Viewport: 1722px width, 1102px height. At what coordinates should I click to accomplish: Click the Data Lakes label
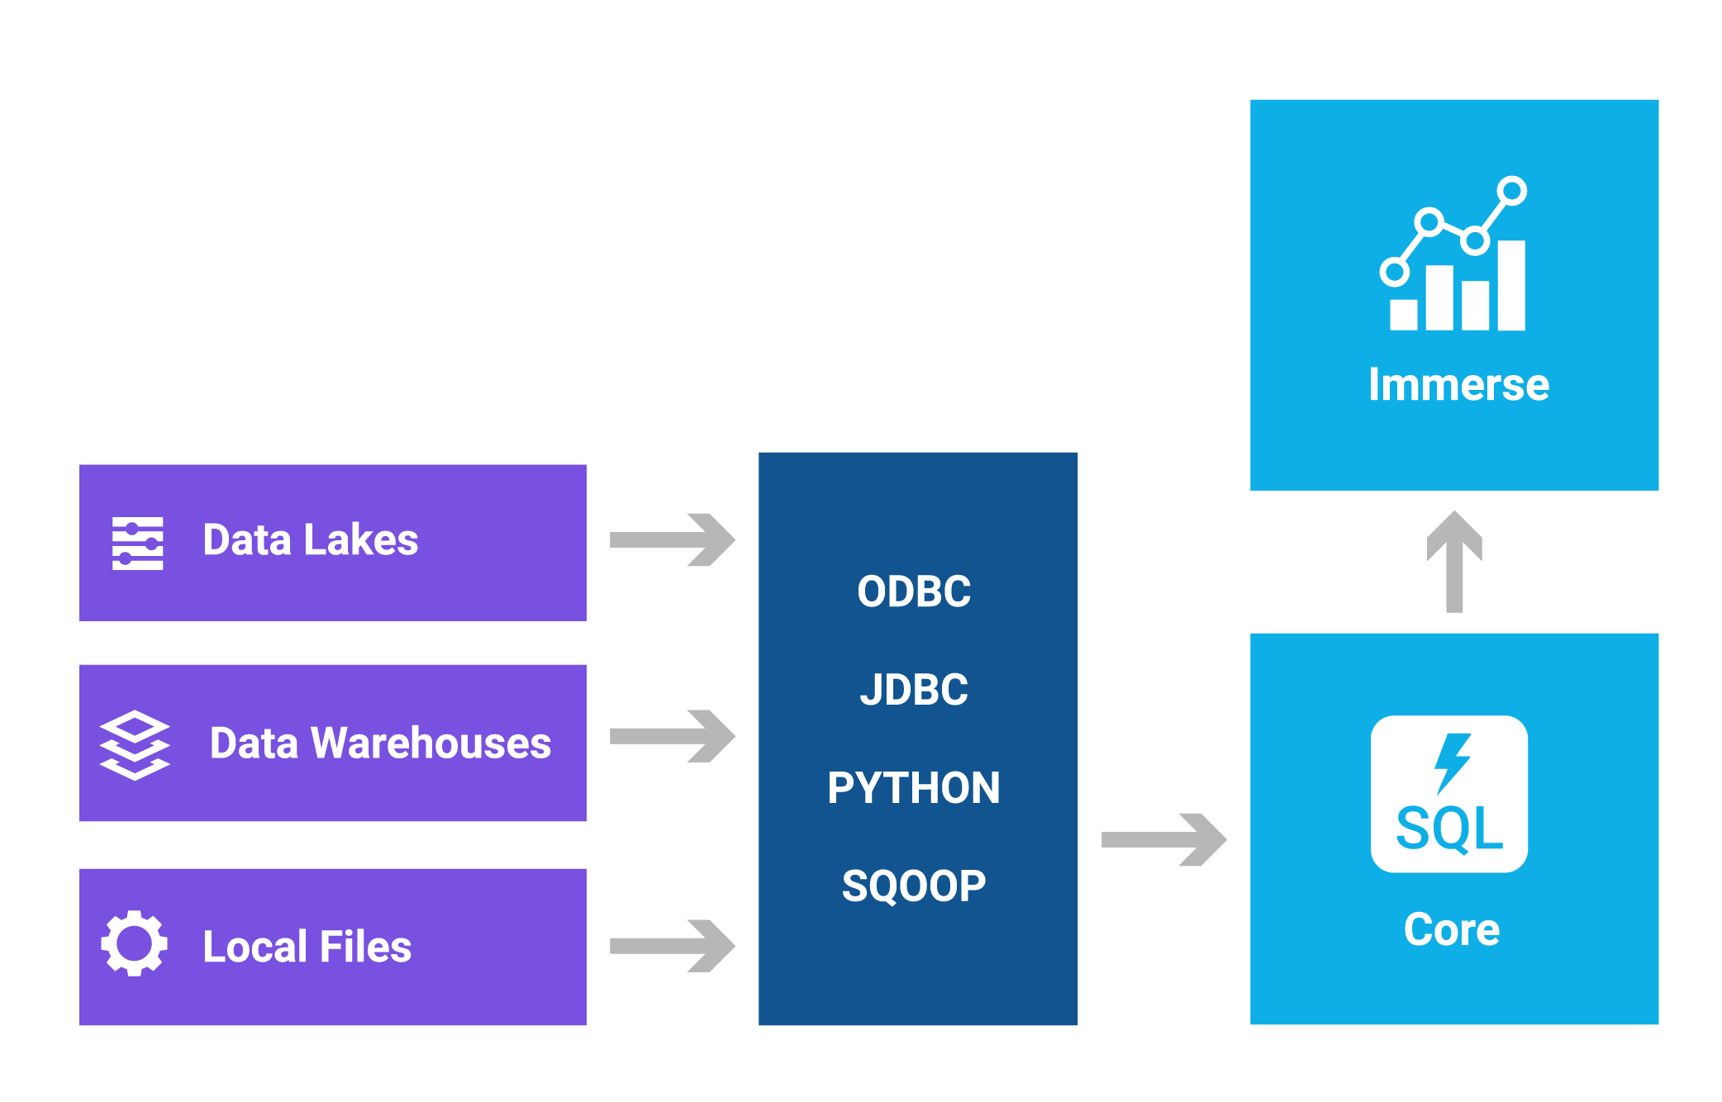(310, 540)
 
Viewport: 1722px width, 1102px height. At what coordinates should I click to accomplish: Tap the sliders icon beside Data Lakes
(137, 544)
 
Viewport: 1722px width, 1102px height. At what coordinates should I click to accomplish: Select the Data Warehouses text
(380, 743)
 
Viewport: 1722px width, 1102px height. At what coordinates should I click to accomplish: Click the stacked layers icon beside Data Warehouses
(135, 745)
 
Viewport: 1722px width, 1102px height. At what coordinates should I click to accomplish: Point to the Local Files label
(307, 947)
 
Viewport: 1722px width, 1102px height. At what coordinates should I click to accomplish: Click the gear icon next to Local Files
(134, 943)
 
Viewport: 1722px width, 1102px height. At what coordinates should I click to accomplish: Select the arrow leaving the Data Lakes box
(672, 540)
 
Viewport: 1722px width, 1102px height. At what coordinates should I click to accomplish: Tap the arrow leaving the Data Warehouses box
(672, 736)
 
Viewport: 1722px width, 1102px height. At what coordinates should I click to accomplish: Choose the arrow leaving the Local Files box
(672, 946)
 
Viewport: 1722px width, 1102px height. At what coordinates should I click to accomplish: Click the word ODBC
(914, 591)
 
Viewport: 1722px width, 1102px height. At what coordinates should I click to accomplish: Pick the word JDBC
(914, 690)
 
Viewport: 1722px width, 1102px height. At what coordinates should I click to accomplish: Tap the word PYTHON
(914, 787)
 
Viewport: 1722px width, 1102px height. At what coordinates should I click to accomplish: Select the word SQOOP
(914, 886)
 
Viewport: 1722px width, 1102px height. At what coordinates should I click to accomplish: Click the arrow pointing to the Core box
(1163, 840)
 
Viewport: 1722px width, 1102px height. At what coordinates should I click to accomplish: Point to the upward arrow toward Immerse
(1454, 562)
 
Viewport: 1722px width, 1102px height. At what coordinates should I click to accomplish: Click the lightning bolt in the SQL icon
(1451, 762)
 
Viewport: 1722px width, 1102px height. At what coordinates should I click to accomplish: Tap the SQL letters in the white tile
(1449, 829)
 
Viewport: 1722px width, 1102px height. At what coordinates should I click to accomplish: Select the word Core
(1452, 929)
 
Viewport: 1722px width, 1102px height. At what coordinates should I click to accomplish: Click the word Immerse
(1458, 385)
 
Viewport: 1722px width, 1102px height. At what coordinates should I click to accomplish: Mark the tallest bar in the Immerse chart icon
(1511, 286)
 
